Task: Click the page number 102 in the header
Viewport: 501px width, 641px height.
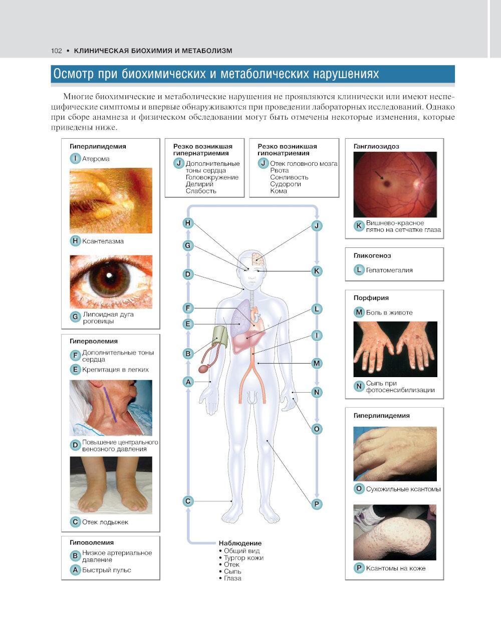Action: pos(56,51)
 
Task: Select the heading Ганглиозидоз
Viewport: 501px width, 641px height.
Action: pos(376,146)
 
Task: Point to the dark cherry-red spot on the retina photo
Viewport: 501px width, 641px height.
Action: pos(386,183)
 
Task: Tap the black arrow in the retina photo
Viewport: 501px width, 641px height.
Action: pos(379,175)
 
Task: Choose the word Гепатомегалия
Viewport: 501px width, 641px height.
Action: pos(389,270)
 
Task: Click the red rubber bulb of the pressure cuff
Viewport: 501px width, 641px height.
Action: pos(203,369)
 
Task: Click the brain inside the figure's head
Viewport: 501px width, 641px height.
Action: pos(259,257)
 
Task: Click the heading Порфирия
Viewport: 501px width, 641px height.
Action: pos(371,298)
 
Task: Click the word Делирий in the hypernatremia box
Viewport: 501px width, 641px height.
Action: pos(199,184)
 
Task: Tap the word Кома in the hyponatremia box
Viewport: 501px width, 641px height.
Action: pos(278,191)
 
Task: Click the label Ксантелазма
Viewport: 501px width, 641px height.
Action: pos(103,241)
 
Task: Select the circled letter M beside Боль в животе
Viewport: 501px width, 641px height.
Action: pos(359,312)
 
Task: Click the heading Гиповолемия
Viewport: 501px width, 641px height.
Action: pos(92,542)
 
